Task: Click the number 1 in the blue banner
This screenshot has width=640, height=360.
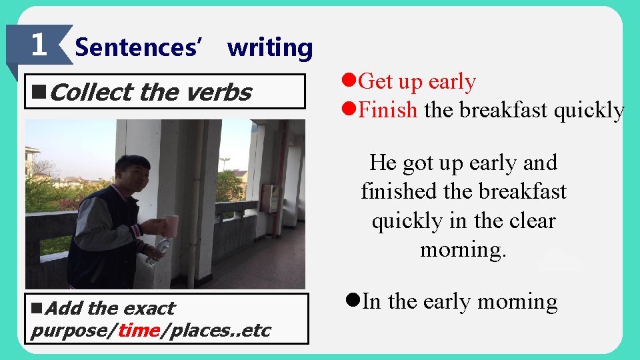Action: coord(39,45)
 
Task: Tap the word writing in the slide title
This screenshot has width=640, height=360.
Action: coord(269,47)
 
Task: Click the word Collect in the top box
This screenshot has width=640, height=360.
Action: coord(93,92)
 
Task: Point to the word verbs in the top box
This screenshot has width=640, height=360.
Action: coord(218,92)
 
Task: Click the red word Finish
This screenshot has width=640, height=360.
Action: coord(387,110)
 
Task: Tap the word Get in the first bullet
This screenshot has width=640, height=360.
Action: coord(377,81)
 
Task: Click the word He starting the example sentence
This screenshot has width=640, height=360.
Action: coord(383,163)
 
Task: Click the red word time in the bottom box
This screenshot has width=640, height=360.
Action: coord(138,331)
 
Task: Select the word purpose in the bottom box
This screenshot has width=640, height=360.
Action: coord(71,331)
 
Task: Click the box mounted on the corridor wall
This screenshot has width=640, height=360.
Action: coord(270,198)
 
